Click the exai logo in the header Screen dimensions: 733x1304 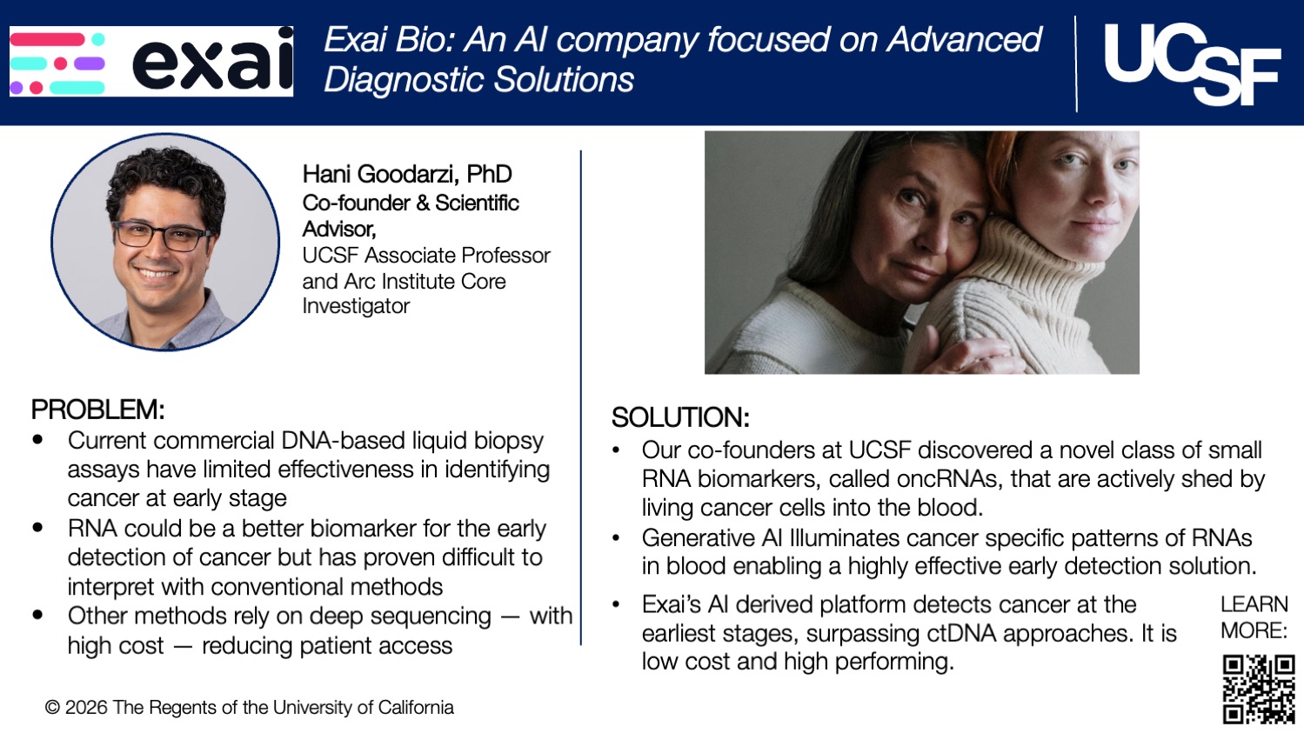point(151,61)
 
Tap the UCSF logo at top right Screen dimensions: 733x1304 point(1191,63)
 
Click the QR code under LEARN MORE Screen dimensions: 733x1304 point(1258,690)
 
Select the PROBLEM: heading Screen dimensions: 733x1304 point(97,410)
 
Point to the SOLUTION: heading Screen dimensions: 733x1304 point(680,418)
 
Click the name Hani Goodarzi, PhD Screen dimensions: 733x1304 point(407,175)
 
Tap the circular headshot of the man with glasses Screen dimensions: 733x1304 point(165,242)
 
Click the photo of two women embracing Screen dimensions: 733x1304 point(921,252)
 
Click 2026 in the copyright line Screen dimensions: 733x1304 point(86,708)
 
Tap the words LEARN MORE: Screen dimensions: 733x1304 point(1254,617)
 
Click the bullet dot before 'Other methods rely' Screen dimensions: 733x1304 point(37,616)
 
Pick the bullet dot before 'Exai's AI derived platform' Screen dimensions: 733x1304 point(616,604)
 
